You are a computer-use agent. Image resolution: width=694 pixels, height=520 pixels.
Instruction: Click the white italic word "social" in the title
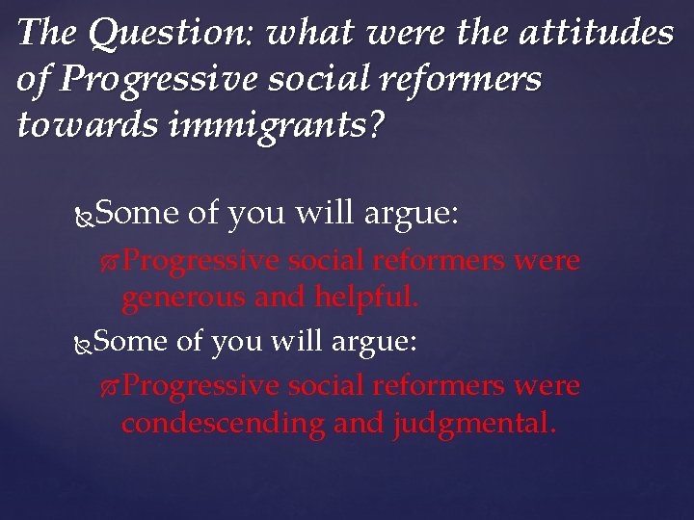tap(333, 81)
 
